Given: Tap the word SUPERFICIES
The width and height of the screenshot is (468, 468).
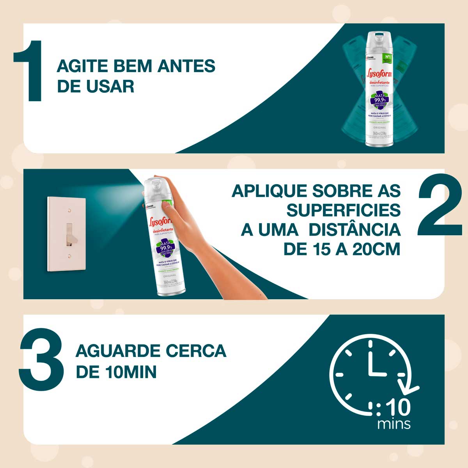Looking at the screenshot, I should [344, 210].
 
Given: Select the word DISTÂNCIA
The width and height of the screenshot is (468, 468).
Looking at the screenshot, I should [355, 230].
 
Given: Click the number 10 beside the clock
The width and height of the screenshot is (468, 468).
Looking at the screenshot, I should [398, 408].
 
